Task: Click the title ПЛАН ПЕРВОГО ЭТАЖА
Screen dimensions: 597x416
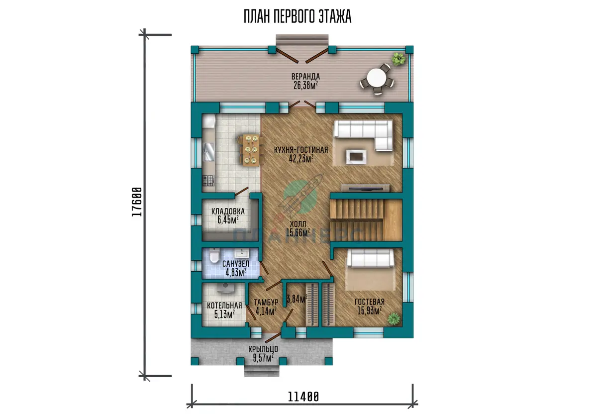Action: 298,16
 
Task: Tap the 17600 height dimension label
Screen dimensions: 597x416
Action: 137,202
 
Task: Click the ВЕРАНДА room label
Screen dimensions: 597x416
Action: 305,77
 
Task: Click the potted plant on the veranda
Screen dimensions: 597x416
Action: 398,59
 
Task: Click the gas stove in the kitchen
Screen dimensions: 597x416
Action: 208,180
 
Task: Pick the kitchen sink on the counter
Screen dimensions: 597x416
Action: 209,152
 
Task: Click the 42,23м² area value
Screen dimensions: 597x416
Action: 301,159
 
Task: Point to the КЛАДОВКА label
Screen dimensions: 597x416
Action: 228,211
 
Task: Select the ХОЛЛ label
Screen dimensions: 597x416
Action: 298,224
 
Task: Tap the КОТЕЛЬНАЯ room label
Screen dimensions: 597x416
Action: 224,305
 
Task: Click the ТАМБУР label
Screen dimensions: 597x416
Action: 266,302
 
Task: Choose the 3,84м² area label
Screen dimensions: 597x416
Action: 297,299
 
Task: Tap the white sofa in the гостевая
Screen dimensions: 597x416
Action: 370,258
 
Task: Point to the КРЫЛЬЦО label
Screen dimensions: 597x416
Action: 263,349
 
